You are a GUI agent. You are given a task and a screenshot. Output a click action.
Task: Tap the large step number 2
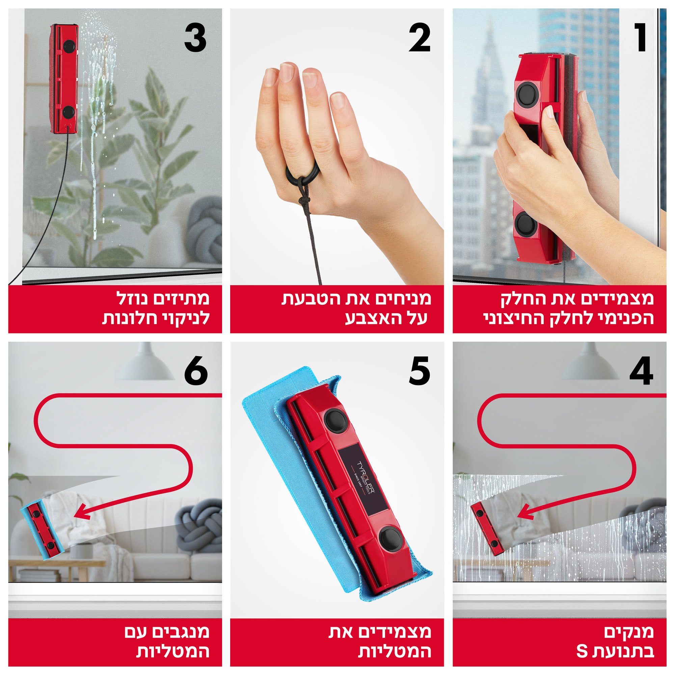coord(419,38)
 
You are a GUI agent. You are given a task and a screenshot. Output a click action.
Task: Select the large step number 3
coord(195,38)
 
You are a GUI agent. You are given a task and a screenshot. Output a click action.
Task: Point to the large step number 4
coord(641,371)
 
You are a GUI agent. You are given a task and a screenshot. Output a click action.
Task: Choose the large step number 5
coord(419,371)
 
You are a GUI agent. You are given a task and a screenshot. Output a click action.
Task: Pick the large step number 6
coord(196,371)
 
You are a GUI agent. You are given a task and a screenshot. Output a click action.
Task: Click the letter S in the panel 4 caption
coord(582,652)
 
